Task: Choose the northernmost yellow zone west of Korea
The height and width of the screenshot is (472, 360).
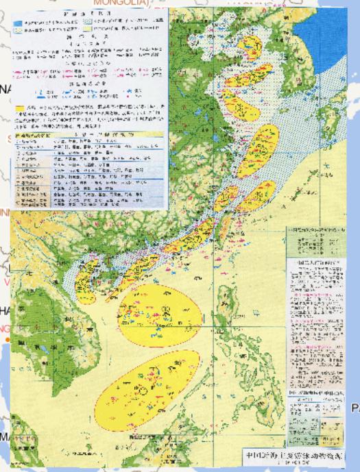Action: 250,46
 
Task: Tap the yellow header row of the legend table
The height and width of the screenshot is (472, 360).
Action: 89,136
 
